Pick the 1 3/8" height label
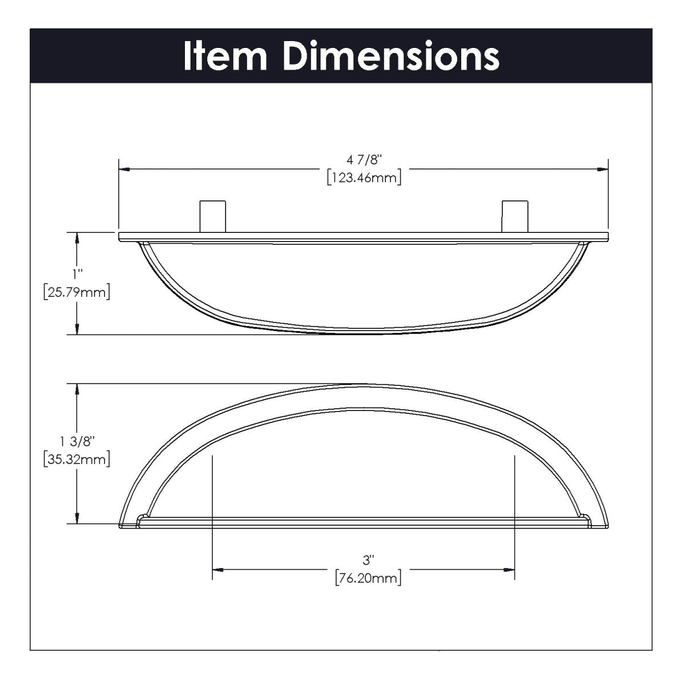point(76,441)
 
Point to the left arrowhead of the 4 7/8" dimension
point(125,169)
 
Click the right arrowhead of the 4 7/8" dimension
point(601,169)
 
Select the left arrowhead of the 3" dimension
point(218,570)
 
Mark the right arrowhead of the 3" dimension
point(509,570)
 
